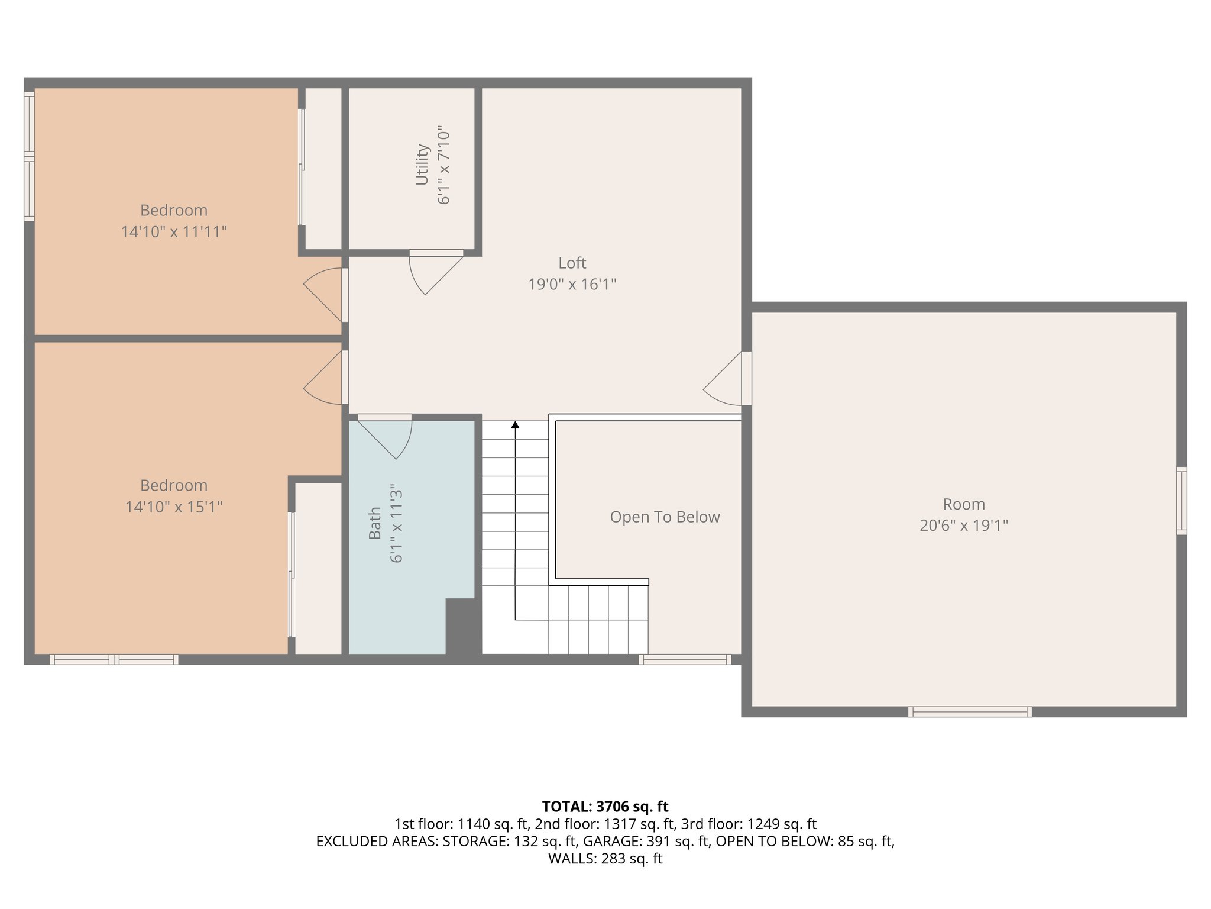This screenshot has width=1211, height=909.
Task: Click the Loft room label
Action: pos(572,263)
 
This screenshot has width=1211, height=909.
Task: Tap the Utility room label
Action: pos(422,165)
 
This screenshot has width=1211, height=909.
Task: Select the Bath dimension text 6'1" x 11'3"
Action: pos(396,523)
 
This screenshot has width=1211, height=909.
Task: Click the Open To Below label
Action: pos(665,517)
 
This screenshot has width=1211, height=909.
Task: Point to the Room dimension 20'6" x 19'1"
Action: pos(963,526)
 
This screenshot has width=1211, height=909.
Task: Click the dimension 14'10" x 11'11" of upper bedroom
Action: pos(174,232)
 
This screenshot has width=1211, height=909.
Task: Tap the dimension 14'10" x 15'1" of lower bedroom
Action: pos(174,507)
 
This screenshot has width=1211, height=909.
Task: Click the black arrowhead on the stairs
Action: pos(515,425)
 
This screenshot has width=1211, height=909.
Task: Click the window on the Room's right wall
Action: pos(1181,501)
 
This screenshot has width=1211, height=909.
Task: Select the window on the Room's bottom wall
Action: pos(970,712)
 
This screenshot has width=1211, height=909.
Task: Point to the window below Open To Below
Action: pos(685,659)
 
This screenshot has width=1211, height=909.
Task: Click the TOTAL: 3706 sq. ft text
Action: pos(605,807)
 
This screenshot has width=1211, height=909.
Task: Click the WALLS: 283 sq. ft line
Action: pos(605,859)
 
